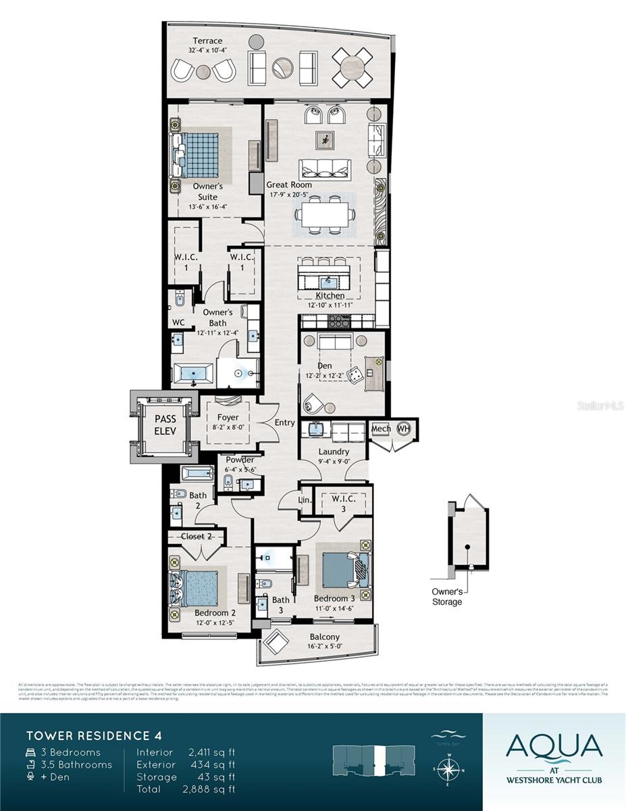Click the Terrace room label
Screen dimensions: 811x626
click(x=207, y=41)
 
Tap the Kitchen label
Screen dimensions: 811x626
click(x=330, y=296)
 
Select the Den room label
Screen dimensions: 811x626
click(x=324, y=366)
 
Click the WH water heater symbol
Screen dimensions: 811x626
click(x=404, y=428)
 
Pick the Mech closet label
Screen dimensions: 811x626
click(x=381, y=428)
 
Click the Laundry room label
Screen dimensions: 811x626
click(x=334, y=451)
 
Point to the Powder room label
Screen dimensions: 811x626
click(x=240, y=460)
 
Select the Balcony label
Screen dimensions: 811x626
click(x=324, y=637)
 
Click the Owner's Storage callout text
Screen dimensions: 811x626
click(x=447, y=597)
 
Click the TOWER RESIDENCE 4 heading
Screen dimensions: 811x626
click(x=94, y=735)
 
